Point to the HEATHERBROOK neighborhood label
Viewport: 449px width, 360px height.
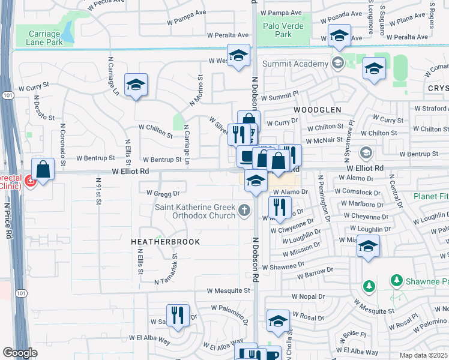tap(165, 241)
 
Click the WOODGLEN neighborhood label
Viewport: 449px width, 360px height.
tap(317, 110)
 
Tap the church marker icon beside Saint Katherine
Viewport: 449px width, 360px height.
tap(243, 210)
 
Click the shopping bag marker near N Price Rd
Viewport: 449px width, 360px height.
tap(43, 170)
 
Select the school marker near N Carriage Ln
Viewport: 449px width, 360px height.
tap(136, 85)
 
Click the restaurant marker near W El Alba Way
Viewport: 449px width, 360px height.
tap(177, 316)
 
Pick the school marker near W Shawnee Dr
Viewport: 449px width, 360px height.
tap(368, 247)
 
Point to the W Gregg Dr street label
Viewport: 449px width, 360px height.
tap(163, 193)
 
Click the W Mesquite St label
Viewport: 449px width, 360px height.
tap(228, 290)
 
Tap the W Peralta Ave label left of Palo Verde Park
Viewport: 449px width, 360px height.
tap(228, 35)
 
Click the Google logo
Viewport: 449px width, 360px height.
tap(20, 353)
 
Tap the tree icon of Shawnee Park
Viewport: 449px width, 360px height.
tap(396, 280)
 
